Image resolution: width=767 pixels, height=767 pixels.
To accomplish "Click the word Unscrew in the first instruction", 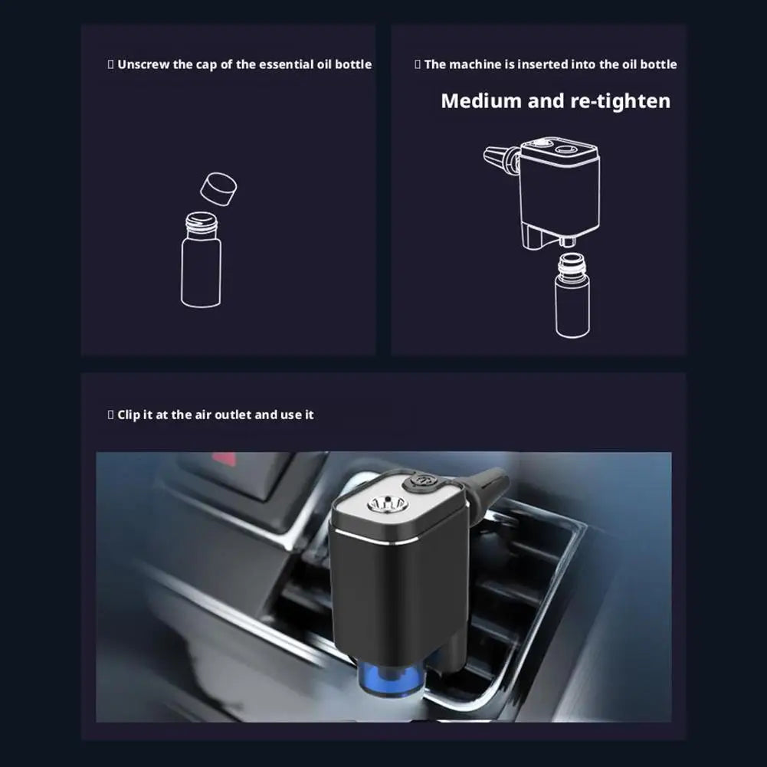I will (143, 64).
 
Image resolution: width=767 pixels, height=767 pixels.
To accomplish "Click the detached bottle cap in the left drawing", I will (218, 188).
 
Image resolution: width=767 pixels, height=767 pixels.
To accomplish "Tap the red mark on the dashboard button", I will (224, 458).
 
